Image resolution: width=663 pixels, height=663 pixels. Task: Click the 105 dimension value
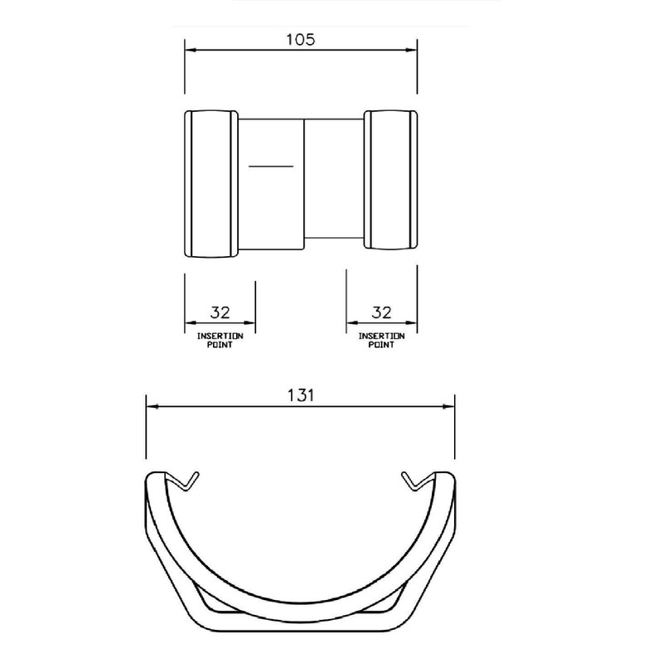(x=300, y=40)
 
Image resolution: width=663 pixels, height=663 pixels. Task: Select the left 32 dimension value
(x=220, y=312)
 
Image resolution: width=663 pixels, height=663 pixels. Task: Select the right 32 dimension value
(x=380, y=312)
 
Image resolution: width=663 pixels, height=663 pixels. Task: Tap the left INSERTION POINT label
(x=220, y=340)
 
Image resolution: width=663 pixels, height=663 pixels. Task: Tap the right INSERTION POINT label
(x=380, y=340)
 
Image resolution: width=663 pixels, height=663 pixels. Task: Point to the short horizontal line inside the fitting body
(x=272, y=167)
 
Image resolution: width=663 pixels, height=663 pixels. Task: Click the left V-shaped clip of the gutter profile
(x=186, y=480)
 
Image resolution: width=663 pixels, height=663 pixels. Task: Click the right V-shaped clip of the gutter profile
(x=414, y=480)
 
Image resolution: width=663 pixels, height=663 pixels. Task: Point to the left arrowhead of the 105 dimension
(x=189, y=51)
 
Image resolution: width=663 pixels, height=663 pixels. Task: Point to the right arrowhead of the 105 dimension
(x=410, y=51)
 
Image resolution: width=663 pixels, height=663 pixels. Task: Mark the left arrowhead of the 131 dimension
(x=152, y=407)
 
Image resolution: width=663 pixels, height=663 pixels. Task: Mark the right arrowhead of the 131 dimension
(x=449, y=407)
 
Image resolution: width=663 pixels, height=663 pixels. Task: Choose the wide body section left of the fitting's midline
(x=272, y=207)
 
